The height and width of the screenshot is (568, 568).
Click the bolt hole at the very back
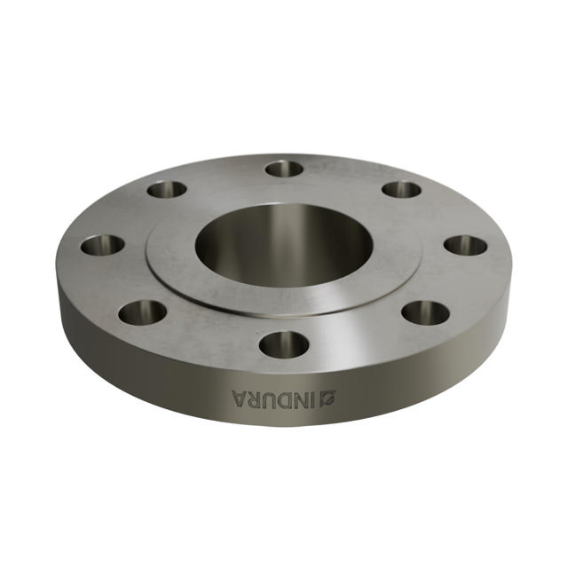pyautogui.click(x=284, y=168)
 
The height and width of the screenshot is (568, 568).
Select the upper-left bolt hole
pyautogui.click(x=167, y=189)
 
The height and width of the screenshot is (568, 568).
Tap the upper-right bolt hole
pyautogui.click(x=401, y=189)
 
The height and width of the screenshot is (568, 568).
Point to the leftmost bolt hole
pyautogui.click(x=102, y=244)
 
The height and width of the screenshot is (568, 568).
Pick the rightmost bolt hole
pyautogui.click(x=465, y=245)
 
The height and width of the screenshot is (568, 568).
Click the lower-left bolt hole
pyautogui.click(x=142, y=312)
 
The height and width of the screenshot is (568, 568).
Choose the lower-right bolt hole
pyautogui.click(x=425, y=312)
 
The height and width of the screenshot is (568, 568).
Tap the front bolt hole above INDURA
pyautogui.click(x=284, y=343)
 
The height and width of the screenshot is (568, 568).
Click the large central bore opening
pyautogui.click(x=282, y=245)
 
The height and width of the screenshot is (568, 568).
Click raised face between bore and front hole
pyautogui.click(x=284, y=300)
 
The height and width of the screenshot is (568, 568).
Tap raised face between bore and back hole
pyautogui.click(x=284, y=200)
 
